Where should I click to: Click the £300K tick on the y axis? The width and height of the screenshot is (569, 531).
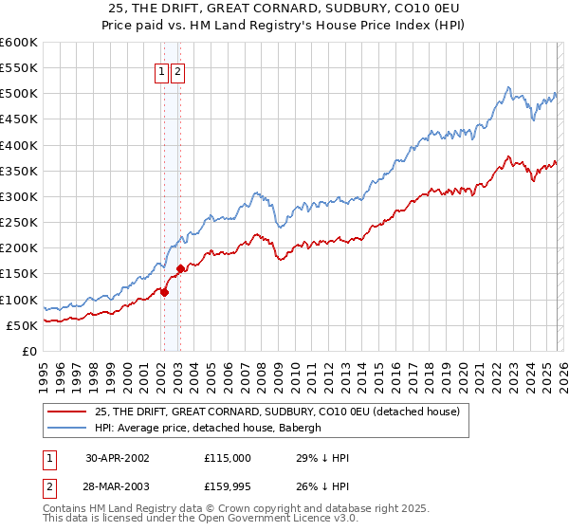tap(18, 196)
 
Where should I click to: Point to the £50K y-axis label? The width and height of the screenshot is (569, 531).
tap(21, 325)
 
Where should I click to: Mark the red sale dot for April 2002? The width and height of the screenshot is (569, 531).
tap(165, 292)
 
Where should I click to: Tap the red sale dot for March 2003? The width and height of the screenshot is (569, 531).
tap(180, 268)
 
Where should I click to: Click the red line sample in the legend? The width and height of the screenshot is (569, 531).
tap(66, 412)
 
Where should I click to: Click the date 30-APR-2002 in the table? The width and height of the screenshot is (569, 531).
tap(119, 457)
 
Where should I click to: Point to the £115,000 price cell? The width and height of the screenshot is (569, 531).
tap(227, 457)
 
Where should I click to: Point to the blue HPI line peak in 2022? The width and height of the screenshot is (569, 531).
tap(509, 87)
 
